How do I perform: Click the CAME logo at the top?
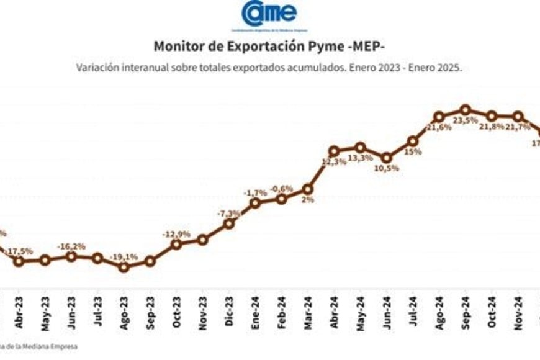[269, 15]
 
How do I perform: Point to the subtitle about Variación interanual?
[269, 67]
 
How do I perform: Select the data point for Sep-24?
[466, 110]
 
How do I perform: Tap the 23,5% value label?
[466, 120]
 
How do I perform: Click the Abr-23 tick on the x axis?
[19, 303]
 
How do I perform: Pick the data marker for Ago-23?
[124, 267]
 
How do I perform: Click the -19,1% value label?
[124, 255]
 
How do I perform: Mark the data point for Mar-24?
[308, 189]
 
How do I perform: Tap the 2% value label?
[308, 200]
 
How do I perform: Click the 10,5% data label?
[387, 168]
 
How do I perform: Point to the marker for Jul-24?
[413, 141]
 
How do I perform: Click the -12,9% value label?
[176, 233]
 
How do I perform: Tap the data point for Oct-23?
[176, 244]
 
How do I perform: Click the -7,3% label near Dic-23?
[229, 214]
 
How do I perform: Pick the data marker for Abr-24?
[334, 151]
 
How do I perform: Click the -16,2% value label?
[71, 246]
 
